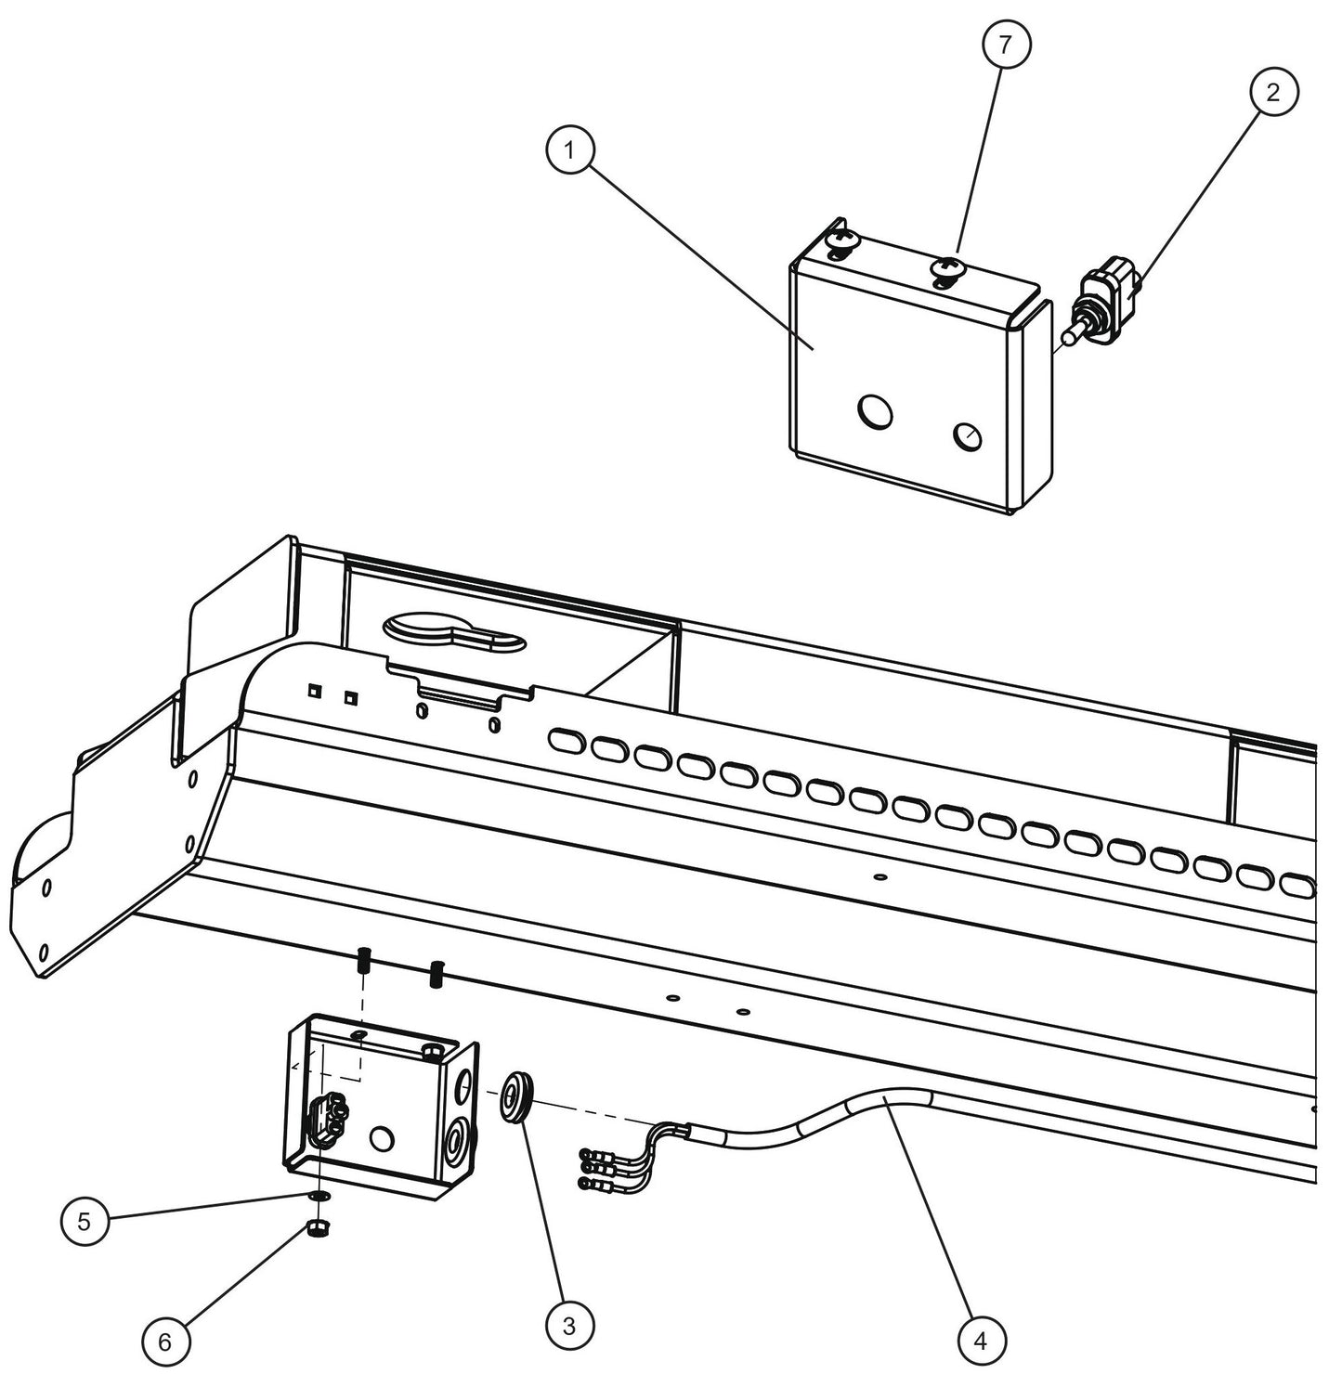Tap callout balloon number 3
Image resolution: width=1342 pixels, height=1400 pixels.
click(568, 1326)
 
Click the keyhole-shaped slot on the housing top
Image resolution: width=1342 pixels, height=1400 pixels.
click(452, 633)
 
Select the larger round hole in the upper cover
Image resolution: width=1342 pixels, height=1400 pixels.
click(874, 409)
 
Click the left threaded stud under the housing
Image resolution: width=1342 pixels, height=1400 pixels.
click(364, 961)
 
